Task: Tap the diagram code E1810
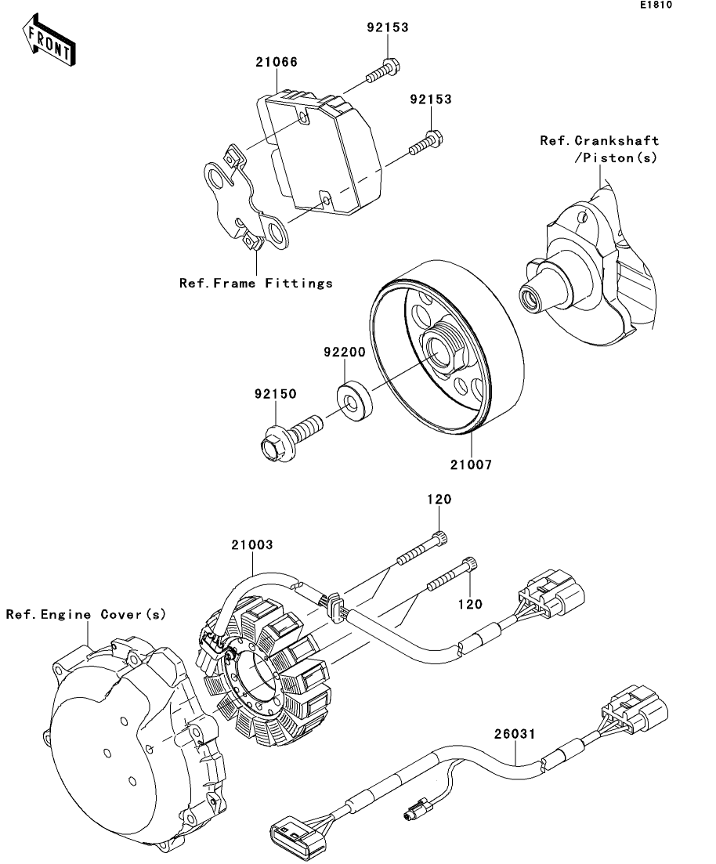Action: pyautogui.click(x=656, y=5)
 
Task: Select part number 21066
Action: pyautogui.click(x=275, y=61)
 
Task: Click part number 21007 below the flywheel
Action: pyautogui.click(x=471, y=465)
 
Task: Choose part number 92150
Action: pyautogui.click(x=274, y=395)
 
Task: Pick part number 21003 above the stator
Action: pyautogui.click(x=251, y=544)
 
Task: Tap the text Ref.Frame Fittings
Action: pyautogui.click(x=256, y=283)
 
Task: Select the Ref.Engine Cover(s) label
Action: pyautogui.click(x=86, y=614)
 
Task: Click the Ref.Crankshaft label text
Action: pyautogui.click(x=599, y=142)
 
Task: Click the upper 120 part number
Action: pyautogui.click(x=439, y=499)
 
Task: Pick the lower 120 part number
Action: pyautogui.click(x=471, y=604)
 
